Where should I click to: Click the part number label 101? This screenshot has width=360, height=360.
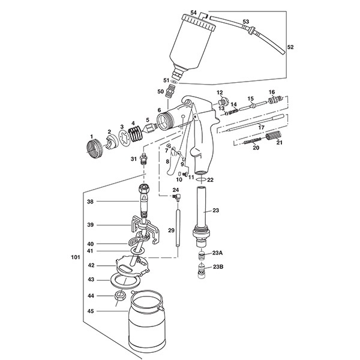pyautogui.click(x=75, y=256)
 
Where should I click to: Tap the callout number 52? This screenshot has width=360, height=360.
pyautogui.click(x=290, y=46)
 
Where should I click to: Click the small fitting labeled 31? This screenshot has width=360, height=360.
pyautogui.click(x=145, y=160)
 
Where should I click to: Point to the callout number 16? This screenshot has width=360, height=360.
pyautogui.click(x=271, y=92)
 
